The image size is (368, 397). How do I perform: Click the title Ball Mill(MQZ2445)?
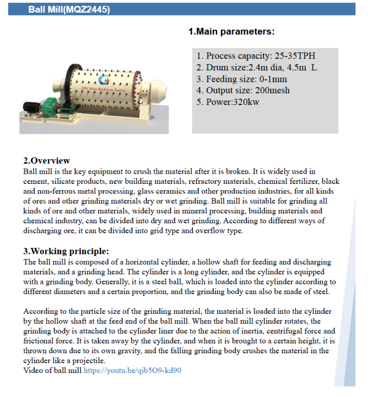click(x=69, y=9)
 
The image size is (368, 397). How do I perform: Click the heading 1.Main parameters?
click(x=231, y=32)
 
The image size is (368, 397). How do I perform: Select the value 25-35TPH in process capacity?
click(x=295, y=56)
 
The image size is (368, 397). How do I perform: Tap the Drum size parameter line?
click(x=256, y=67)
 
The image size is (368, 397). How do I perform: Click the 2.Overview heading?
click(x=47, y=161)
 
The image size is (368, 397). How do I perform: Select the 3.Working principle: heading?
click(x=66, y=251)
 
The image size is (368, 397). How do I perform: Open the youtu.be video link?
click(x=132, y=371)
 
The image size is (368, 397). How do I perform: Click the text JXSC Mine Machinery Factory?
click(x=104, y=89)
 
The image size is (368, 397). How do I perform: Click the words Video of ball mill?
click(x=53, y=371)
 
